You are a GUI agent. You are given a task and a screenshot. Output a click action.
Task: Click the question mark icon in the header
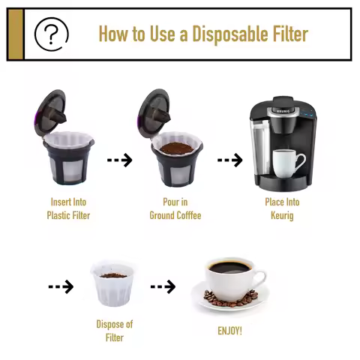52,33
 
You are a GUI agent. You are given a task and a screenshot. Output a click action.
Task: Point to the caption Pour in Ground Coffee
175,208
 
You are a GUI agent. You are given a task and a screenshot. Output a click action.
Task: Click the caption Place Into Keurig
282,208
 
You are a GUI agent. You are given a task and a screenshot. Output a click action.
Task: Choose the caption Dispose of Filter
114,331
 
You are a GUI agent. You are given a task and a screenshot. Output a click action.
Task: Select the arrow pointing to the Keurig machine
229,160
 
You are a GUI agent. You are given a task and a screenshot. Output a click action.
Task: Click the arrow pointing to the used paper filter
61,286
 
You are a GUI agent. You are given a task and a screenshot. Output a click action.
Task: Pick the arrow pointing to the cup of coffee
163,286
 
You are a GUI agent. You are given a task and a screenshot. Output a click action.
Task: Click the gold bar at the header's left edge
15,34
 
